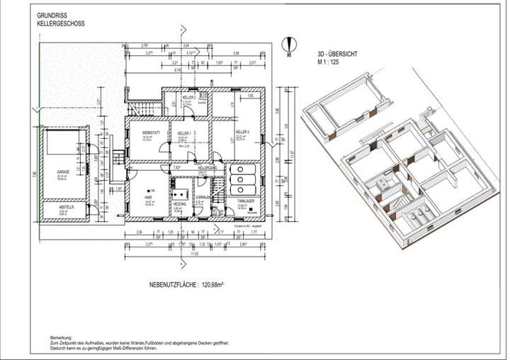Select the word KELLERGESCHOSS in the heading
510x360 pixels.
(56, 23)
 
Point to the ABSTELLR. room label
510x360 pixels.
(48, 207)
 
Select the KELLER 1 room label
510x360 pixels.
(183, 133)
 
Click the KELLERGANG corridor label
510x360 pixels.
(207, 168)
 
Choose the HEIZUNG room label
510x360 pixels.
(180, 203)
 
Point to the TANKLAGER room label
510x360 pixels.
(245, 203)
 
